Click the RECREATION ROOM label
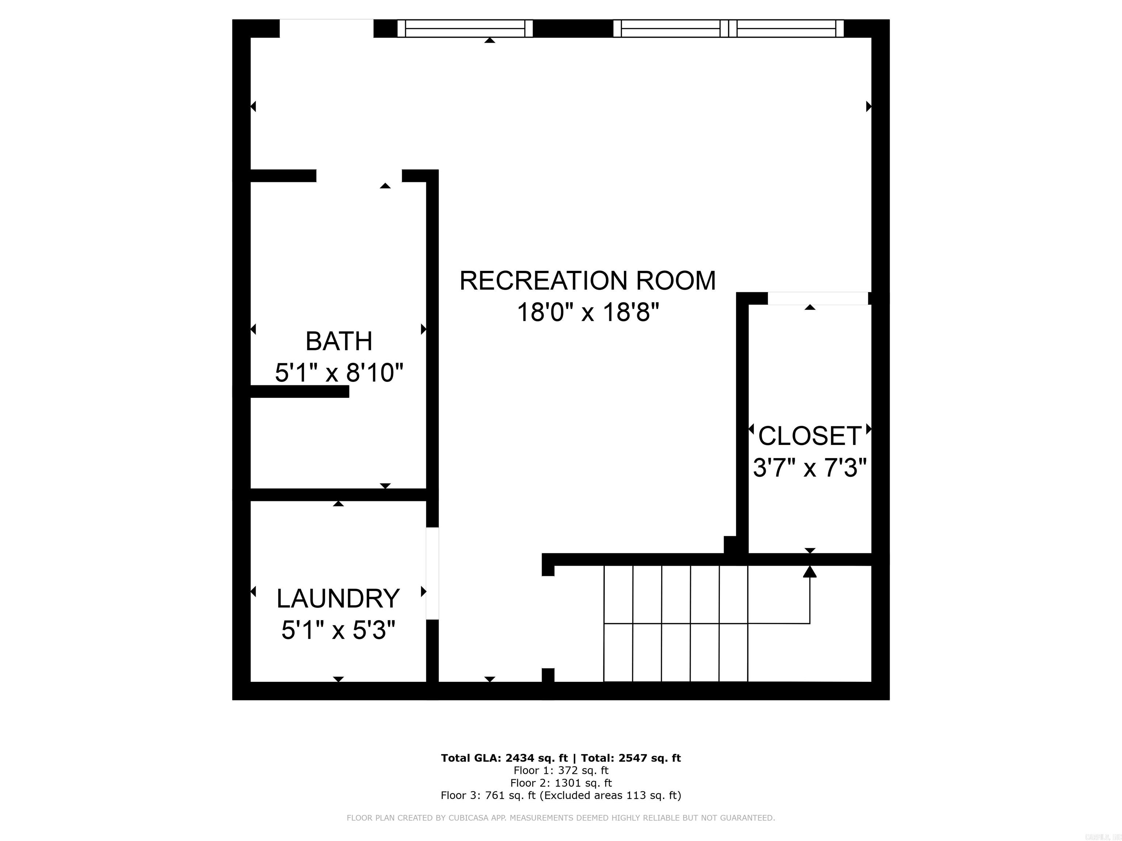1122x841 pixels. tap(587, 281)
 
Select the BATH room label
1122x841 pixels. tap(339, 341)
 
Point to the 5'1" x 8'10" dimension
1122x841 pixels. tap(339, 373)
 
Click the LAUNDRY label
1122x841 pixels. tap(338, 599)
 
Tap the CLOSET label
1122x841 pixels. tap(810, 436)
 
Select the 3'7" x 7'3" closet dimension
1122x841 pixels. tap(810, 467)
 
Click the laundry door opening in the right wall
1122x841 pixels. tap(432, 573)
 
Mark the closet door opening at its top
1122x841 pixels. tap(818, 298)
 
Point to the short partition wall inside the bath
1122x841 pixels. tap(299, 391)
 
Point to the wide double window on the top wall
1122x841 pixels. tap(728, 28)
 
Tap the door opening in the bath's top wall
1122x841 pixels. tap(359, 176)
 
